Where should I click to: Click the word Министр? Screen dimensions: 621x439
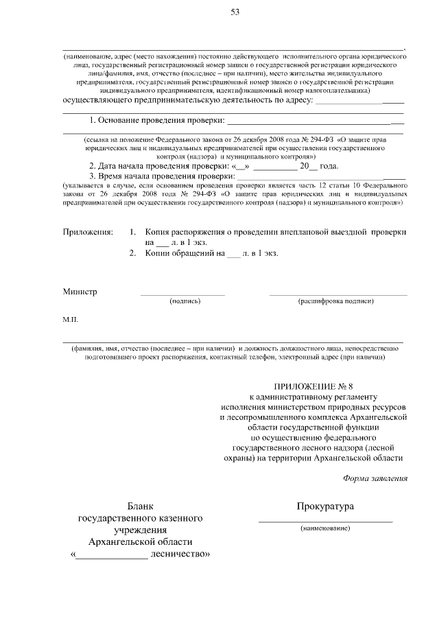pyautogui.click(x=80, y=291)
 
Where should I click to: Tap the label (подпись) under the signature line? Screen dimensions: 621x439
pyautogui.click(x=184, y=301)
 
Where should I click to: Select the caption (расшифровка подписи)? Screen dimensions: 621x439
pyautogui.click(x=335, y=301)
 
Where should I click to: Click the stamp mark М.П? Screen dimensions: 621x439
pyautogui.click(x=71, y=320)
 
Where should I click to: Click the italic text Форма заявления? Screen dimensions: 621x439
pyautogui.click(x=375, y=478)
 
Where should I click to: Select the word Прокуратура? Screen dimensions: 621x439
pyautogui.click(x=325, y=506)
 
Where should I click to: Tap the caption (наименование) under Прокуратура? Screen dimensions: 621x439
pyautogui.click(x=325, y=528)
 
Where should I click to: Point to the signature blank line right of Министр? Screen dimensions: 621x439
pyautogui.click(x=182, y=294)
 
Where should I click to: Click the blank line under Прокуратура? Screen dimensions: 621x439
pyautogui.click(x=325, y=522)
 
